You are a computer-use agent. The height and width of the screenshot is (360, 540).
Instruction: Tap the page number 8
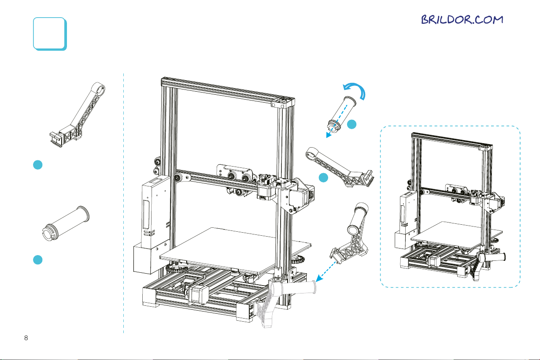pyautogui.click(x=26, y=338)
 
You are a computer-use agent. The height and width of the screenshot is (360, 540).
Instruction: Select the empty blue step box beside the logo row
pyautogui.click(x=50, y=33)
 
